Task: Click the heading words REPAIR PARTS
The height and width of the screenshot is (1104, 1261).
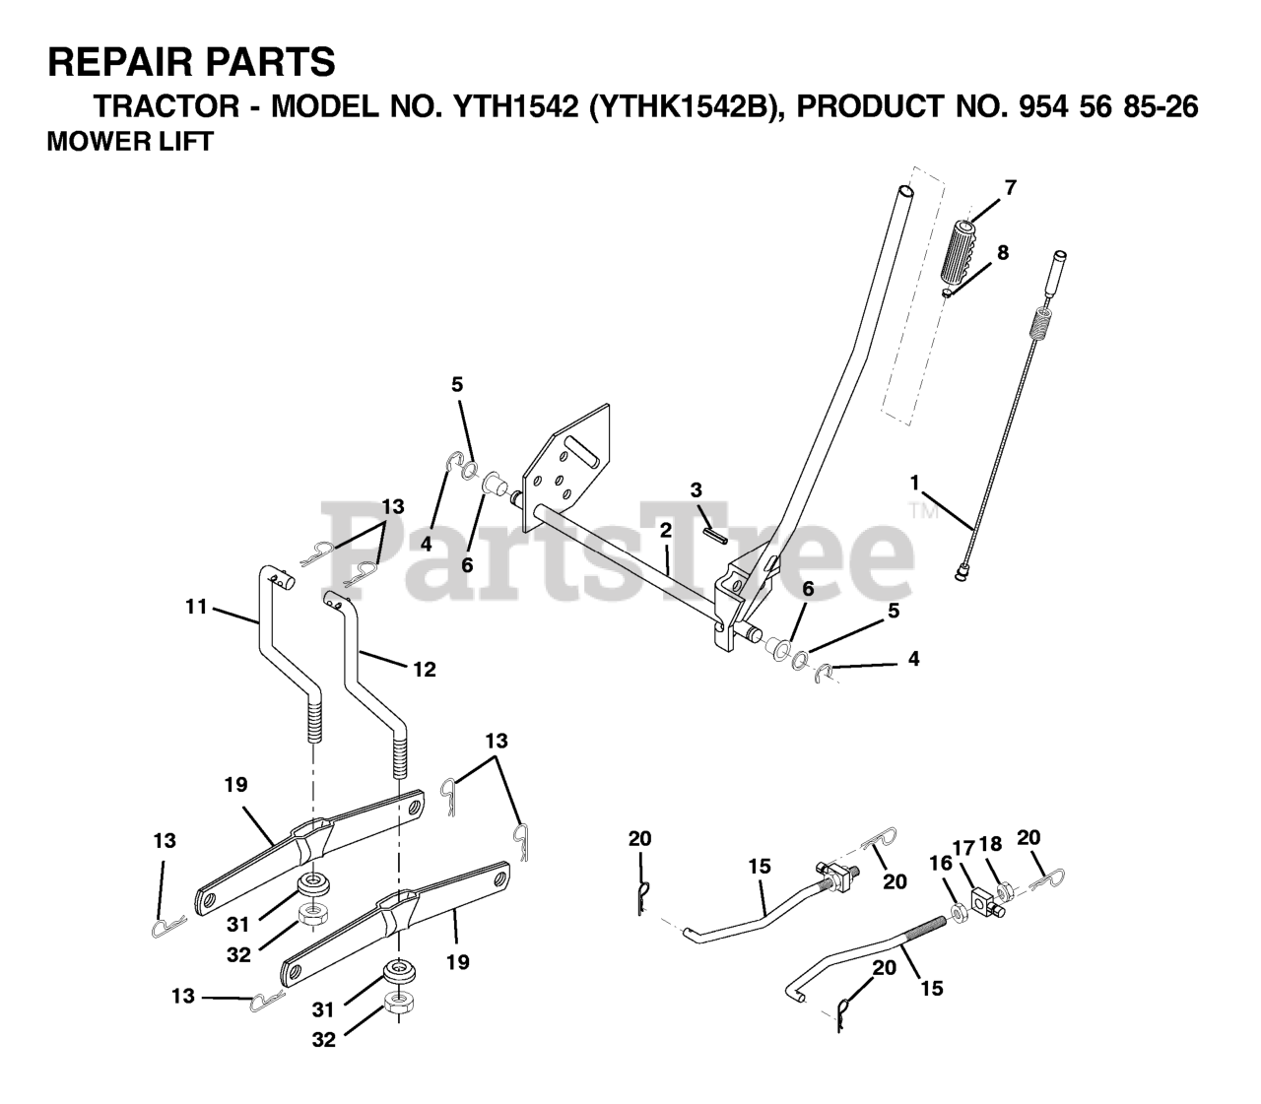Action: tap(191, 62)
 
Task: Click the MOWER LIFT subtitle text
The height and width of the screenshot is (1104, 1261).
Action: tap(129, 141)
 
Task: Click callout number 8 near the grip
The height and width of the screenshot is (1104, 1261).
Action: tap(1002, 252)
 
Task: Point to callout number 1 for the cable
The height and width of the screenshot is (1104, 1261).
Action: tap(914, 483)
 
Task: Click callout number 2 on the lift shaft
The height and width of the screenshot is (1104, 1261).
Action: tap(665, 530)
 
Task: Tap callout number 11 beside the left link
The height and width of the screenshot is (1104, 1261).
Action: tap(196, 607)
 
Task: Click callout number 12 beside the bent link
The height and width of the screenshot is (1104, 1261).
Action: tap(424, 669)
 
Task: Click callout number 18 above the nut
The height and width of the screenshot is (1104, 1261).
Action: tap(990, 844)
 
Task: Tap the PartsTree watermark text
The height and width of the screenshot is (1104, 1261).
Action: tap(621, 552)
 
